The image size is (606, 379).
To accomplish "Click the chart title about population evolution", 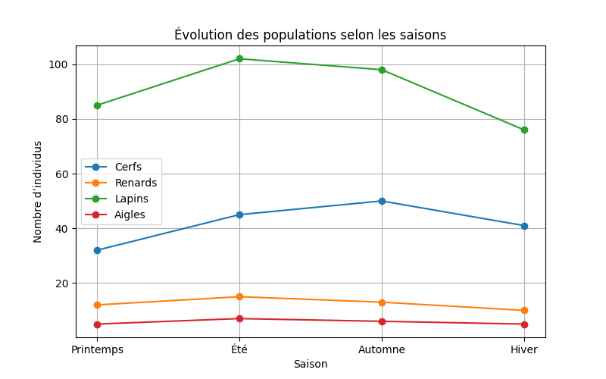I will pyautogui.click(x=310, y=35).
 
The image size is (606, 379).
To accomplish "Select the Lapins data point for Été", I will pyautogui.click(x=239, y=58).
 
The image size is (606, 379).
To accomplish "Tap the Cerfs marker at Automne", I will pyautogui.click(x=382, y=201).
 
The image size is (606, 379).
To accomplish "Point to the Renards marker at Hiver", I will pyautogui.click(x=524, y=310).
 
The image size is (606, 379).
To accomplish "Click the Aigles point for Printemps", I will pyautogui.click(x=97, y=324).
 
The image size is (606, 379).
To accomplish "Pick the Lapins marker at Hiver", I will pyautogui.click(x=524, y=130).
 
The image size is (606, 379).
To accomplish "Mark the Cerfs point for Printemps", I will pyautogui.click(x=97, y=250).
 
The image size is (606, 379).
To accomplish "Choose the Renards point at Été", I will pyautogui.click(x=239, y=296).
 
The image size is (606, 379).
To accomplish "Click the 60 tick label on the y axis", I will pyautogui.click(x=62, y=174).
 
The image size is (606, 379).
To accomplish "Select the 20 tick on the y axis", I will pyautogui.click(x=62, y=283).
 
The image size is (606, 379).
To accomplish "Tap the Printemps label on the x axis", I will pyautogui.click(x=97, y=349).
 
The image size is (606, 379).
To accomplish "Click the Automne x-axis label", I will pyautogui.click(x=382, y=349).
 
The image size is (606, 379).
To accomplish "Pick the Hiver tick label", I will pyautogui.click(x=524, y=349).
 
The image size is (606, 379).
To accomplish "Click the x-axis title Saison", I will pyautogui.click(x=311, y=364).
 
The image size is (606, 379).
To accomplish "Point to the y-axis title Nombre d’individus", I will pyautogui.click(x=38, y=191).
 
